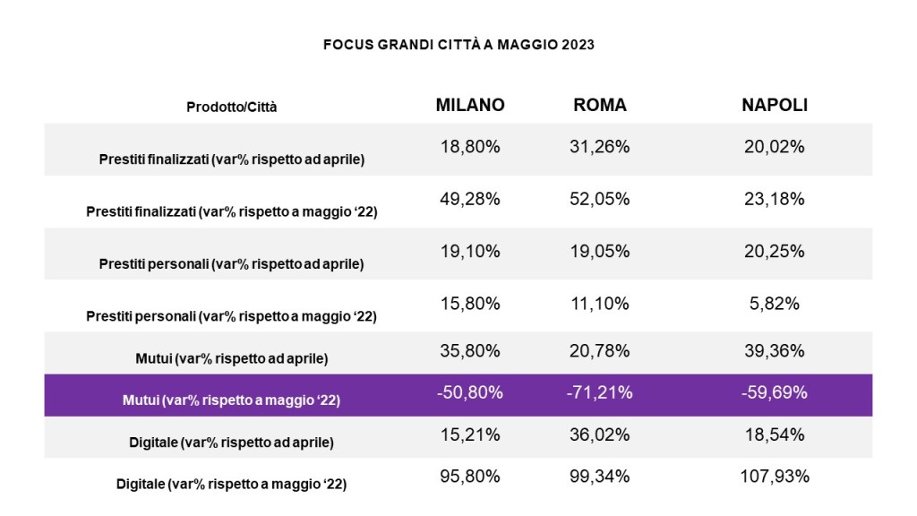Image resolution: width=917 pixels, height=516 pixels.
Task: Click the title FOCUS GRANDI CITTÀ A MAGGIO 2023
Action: click(458, 44)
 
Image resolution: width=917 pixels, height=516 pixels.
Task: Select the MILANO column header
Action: click(470, 105)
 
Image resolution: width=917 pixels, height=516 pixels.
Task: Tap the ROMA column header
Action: click(600, 105)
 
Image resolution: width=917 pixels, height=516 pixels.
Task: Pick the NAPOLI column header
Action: click(775, 105)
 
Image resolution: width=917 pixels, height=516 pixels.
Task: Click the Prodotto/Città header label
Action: click(232, 107)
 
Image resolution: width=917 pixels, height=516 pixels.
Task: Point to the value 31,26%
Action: click(600, 147)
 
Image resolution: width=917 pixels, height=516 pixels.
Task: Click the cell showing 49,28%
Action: click(470, 199)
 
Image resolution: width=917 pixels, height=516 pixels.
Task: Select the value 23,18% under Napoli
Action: click(775, 199)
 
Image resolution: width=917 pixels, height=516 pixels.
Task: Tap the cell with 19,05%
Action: click(600, 252)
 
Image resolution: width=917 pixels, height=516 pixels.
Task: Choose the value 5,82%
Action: click(775, 304)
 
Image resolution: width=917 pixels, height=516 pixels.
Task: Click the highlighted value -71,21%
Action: click(600, 391)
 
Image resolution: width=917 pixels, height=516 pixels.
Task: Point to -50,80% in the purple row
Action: click(470, 391)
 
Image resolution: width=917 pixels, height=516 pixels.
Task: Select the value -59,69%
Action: click(775, 391)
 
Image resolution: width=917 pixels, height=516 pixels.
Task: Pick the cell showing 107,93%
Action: click(775, 476)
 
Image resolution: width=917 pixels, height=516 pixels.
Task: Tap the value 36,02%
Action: click(600, 434)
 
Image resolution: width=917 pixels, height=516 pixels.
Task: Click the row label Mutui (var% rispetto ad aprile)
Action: click(232, 358)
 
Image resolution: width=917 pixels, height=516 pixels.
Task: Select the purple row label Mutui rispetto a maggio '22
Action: click(232, 400)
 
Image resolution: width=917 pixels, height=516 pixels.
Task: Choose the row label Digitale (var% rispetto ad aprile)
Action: click(232, 442)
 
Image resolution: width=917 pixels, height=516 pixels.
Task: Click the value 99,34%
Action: click(600, 476)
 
